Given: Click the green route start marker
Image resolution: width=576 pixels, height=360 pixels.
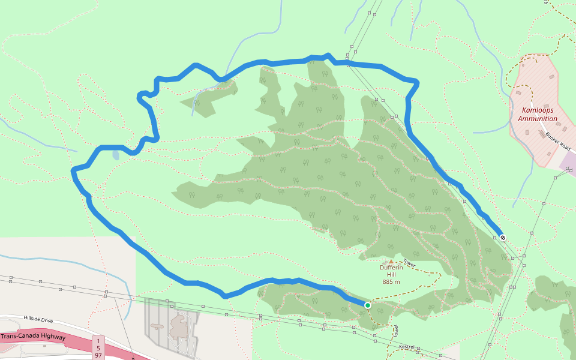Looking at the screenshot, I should (x=368, y=305).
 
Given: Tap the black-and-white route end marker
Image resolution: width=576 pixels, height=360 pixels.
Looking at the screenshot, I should (x=503, y=237).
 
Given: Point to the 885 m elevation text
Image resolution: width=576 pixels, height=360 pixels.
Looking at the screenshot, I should (x=391, y=281).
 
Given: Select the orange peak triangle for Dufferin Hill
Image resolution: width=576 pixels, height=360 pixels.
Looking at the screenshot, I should (x=391, y=262).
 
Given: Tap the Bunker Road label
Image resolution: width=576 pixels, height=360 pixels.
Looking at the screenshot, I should (x=557, y=142).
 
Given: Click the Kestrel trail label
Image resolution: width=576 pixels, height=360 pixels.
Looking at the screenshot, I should (x=407, y=347).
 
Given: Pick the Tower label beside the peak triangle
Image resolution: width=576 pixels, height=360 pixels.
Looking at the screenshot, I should (x=409, y=263).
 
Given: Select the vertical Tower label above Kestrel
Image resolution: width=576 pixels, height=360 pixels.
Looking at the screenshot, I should (x=396, y=331).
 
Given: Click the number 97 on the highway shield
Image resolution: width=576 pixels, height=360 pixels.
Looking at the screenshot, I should (x=98, y=355).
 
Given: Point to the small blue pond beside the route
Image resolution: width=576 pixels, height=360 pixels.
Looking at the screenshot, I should (x=115, y=155).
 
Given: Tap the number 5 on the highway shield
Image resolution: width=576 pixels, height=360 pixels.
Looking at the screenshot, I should (x=98, y=348).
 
